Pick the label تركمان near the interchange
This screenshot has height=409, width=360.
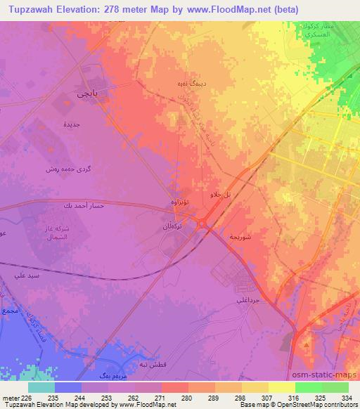click(174, 228)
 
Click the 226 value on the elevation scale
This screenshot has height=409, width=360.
click(26, 397)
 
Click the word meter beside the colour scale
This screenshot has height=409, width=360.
click(11, 397)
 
